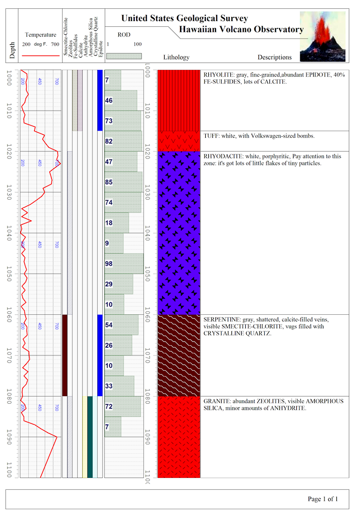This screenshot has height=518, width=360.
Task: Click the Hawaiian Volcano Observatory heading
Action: click(x=241, y=29)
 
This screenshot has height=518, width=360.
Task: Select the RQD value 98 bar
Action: click(x=124, y=264)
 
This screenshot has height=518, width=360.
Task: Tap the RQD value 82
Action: click(x=109, y=141)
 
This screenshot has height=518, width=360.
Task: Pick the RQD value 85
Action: click(x=109, y=182)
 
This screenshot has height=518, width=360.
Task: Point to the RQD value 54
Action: click(x=109, y=325)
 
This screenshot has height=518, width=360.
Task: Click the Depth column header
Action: click(x=12, y=51)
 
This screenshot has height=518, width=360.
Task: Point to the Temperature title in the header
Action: click(x=41, y=35)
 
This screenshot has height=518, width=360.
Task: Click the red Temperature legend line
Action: click(x=41, y=55)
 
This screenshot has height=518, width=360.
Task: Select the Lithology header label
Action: click(x=176, y=58)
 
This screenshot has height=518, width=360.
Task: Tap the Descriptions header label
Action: click(x=274, y=58)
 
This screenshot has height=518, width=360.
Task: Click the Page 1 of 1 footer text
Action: click(x=322, y=498)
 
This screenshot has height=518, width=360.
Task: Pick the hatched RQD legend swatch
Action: click(x=124, y=55)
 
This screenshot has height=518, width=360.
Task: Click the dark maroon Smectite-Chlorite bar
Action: click(x=65, y=355)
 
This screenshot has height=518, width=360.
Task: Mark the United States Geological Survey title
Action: click(x=184, y=19)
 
